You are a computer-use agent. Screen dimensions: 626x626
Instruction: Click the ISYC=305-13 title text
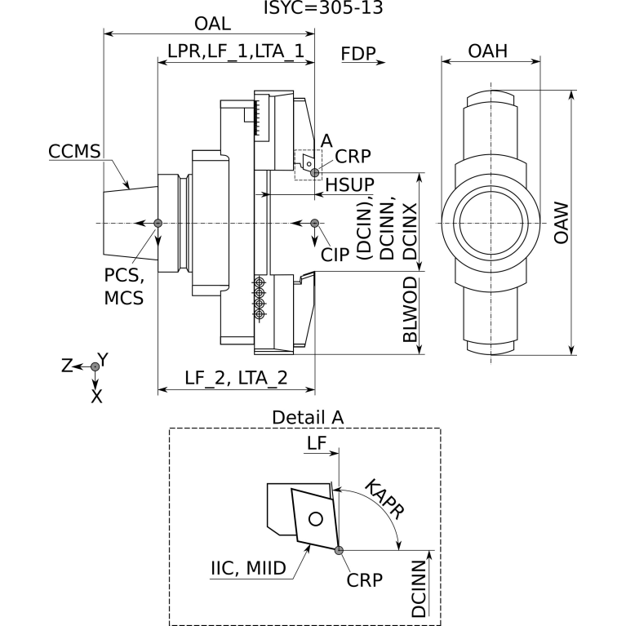pos(323,7)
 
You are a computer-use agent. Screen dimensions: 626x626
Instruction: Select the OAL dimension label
pos(212,24)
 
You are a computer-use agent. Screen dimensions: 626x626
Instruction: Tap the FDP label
pos(358,54)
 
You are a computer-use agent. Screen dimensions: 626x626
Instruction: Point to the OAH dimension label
pos(488,51)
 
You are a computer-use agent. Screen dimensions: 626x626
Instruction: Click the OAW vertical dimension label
pos(562,223)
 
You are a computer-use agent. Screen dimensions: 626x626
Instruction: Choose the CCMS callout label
pos(74,151)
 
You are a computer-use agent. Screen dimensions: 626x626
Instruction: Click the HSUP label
pos(350,184)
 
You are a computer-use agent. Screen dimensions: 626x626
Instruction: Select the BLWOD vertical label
pos(410,310)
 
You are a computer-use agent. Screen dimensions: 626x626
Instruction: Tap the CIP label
pos(335,255)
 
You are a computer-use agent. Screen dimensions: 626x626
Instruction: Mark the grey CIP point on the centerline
pos(314,223)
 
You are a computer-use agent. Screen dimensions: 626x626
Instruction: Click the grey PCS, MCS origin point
pos(158,223)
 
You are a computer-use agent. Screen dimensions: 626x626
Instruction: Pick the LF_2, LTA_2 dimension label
pos(236,378)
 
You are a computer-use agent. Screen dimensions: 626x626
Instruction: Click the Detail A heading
pos(308,418)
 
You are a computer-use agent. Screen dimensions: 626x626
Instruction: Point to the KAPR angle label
pos(384,499)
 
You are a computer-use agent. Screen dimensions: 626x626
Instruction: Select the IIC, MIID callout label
pos(248,568)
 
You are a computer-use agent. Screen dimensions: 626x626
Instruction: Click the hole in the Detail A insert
pos(316,519)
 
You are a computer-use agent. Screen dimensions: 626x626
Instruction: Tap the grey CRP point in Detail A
pos(339,551)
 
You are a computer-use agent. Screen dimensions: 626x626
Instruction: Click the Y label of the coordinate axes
pos(104,360)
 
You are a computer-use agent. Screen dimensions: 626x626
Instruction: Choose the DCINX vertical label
pos(410,232)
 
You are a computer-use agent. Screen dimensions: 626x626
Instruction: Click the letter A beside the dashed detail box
pos(326,141)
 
